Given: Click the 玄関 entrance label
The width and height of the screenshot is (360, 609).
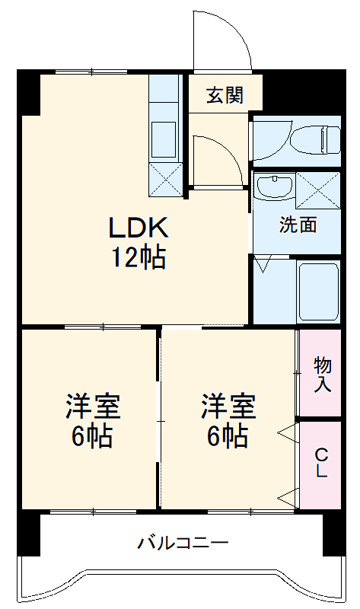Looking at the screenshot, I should [x=225, y=95].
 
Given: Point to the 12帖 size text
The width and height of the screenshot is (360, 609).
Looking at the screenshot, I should [x=137, y=259].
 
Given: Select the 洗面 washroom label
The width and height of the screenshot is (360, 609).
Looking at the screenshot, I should [x=298, y=225].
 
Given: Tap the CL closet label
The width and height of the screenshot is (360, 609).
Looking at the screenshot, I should [x=322, y=463].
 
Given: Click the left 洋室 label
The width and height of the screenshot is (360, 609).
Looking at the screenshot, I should [x=91, y=421].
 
